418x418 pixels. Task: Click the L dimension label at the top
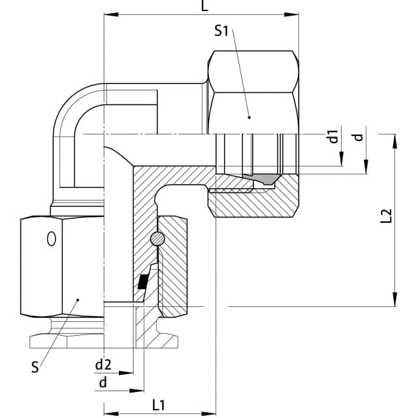(204, 6)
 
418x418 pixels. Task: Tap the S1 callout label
(221, 31)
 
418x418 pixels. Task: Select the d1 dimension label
(334, 136)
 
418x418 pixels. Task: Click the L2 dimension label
(386, 216)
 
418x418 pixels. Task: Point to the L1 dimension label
(159, 406)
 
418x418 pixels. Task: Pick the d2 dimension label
(103, 364)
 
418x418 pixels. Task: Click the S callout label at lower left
(35, 367)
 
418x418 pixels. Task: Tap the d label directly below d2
(103, 383)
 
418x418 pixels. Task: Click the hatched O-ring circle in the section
(157, 238)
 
